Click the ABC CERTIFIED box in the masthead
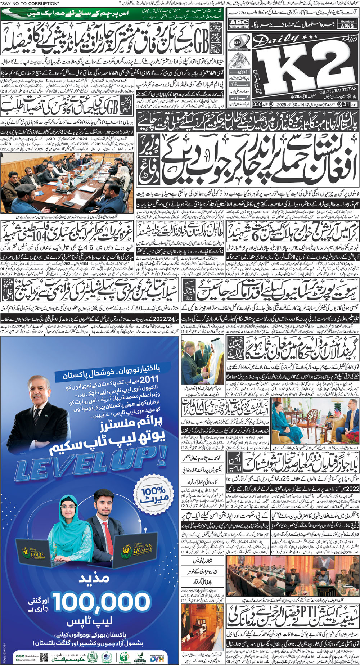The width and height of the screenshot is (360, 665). tap(239, 24)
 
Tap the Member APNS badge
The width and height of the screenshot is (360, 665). tap(347, 24)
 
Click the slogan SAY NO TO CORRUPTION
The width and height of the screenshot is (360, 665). tap(30, 4)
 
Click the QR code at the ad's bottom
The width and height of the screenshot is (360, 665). tap(44, 656)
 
